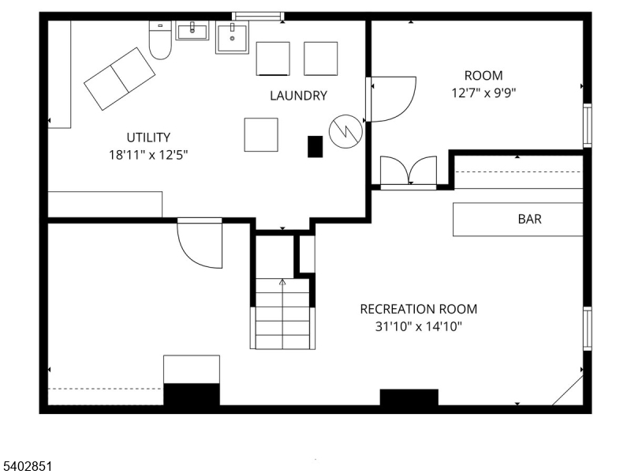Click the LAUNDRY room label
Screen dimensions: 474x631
[298, 96]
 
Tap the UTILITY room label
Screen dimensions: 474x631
[148, 137]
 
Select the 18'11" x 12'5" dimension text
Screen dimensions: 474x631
[148, 155]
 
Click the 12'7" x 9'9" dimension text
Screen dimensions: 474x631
[483, 92]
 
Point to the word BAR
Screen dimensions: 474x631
[529, 219]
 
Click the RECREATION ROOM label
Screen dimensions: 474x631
[418, 309]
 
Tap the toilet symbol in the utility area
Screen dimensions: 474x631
[160, 41]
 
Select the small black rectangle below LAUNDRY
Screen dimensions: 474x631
[315, 146]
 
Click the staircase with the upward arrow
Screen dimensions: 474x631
[283, 314]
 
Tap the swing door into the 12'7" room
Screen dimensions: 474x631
[391, 99]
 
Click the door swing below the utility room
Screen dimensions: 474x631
[200, 243]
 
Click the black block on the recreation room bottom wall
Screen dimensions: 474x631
[409, 397]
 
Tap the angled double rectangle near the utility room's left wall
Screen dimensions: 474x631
[120, 78]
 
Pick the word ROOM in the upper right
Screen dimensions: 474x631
[483, 76]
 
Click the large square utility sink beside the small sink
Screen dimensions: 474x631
[232, 38]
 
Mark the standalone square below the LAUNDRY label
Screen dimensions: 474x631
[260, 134]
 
